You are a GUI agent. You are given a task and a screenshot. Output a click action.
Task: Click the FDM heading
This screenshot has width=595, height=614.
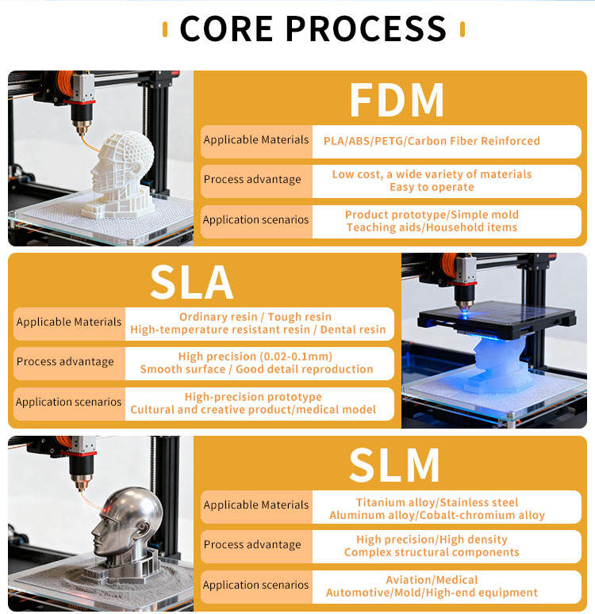pos(396,100)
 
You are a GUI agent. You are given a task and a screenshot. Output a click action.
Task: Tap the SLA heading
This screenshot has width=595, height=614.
pos(191,282)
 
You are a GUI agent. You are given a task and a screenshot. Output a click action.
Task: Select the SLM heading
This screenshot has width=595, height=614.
pos(395,465)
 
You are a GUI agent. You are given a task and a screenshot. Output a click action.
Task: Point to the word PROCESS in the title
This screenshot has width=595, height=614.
pos(366,29)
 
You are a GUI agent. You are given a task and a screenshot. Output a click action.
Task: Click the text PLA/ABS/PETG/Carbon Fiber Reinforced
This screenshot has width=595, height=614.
pos(432,141)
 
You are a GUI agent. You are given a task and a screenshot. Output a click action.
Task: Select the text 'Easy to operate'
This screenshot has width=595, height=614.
pos(432,187)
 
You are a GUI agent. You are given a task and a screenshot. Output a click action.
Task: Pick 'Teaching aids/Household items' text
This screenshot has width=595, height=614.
pos(432,227)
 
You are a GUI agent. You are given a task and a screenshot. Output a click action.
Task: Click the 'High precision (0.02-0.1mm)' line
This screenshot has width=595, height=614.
pos(255,357)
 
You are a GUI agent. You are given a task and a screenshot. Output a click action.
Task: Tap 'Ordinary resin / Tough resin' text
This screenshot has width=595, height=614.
pos(255,317)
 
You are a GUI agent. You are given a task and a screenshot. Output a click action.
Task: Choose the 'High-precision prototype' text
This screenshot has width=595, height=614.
pos(253,397)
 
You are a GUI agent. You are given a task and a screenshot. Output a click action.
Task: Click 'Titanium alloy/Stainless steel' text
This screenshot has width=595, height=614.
pos(436,502)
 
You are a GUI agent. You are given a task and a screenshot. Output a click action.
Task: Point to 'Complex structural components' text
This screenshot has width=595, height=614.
pos(432,552)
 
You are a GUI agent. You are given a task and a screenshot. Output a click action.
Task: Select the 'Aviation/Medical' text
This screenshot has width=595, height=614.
pos(432,580)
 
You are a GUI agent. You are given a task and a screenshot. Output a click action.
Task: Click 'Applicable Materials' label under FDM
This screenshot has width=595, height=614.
pos(256,140)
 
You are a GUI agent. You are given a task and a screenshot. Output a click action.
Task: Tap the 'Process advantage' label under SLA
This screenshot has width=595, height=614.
pos(65,362)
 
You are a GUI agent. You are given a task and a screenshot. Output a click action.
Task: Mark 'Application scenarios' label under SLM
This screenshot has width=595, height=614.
pos(256,585)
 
